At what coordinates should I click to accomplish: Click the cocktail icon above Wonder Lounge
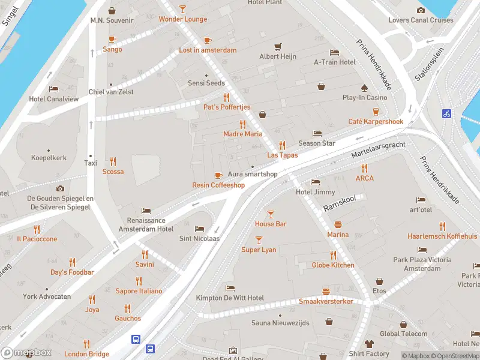click(x=183, y=9)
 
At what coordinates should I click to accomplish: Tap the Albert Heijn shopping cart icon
click(x=277, y=46)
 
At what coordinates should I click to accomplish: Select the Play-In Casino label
click(x=364, y=97)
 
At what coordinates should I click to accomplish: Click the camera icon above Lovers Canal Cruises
click(x=421, y=10)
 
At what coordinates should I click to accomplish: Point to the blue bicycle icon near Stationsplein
click(x=446, y=113)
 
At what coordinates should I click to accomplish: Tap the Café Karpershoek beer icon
click(x=376, y=112)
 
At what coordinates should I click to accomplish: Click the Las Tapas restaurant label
click(x=282, y=155)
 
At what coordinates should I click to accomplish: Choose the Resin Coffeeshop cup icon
click(x=218, y=175)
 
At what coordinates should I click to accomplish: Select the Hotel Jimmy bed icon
click(x=315, y=182)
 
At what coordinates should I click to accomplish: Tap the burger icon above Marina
click(x=338, y=224)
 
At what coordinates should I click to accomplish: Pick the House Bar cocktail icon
click(x=271, y=214)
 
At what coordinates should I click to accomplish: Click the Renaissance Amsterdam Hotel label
click(x=146, y=225)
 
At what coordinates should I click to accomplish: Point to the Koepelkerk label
click(x=49, y=158)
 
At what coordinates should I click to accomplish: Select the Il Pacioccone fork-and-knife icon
click(x=37, y=229)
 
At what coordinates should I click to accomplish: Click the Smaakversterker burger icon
click(x=326, y=291)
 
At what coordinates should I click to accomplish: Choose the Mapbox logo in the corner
click(x=26, y=352)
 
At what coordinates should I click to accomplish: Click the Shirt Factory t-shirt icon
click(x=369, y=344)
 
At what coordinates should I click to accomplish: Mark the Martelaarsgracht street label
click(x=379, y=151)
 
